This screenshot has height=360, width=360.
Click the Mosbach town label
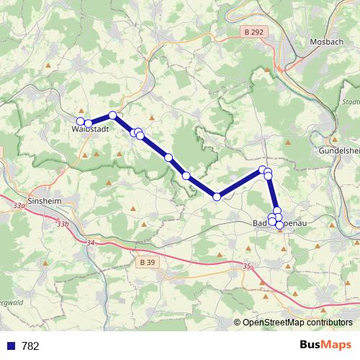(x=322, y=42)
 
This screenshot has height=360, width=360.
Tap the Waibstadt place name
(x=90, y=130)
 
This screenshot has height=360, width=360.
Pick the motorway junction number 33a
(x=19, y=206)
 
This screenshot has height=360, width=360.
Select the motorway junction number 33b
(x=63, y=224)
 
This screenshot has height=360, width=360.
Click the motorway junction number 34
(x=89, y=243)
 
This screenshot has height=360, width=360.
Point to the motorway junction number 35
(x=248, y=266)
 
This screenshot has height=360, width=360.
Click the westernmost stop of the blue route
(x=81, y=121)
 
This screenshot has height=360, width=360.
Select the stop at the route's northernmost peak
(x=112, y=115)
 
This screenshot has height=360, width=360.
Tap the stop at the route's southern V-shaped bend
(x=217, y=197)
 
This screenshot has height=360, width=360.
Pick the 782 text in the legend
(x=30, y=346)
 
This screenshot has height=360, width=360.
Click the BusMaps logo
(x=325, y=345)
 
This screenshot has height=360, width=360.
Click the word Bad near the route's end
(x=260, y=224)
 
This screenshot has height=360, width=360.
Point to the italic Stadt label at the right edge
(x=351, y=102)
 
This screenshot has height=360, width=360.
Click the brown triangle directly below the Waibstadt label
(x=85, y=155)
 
